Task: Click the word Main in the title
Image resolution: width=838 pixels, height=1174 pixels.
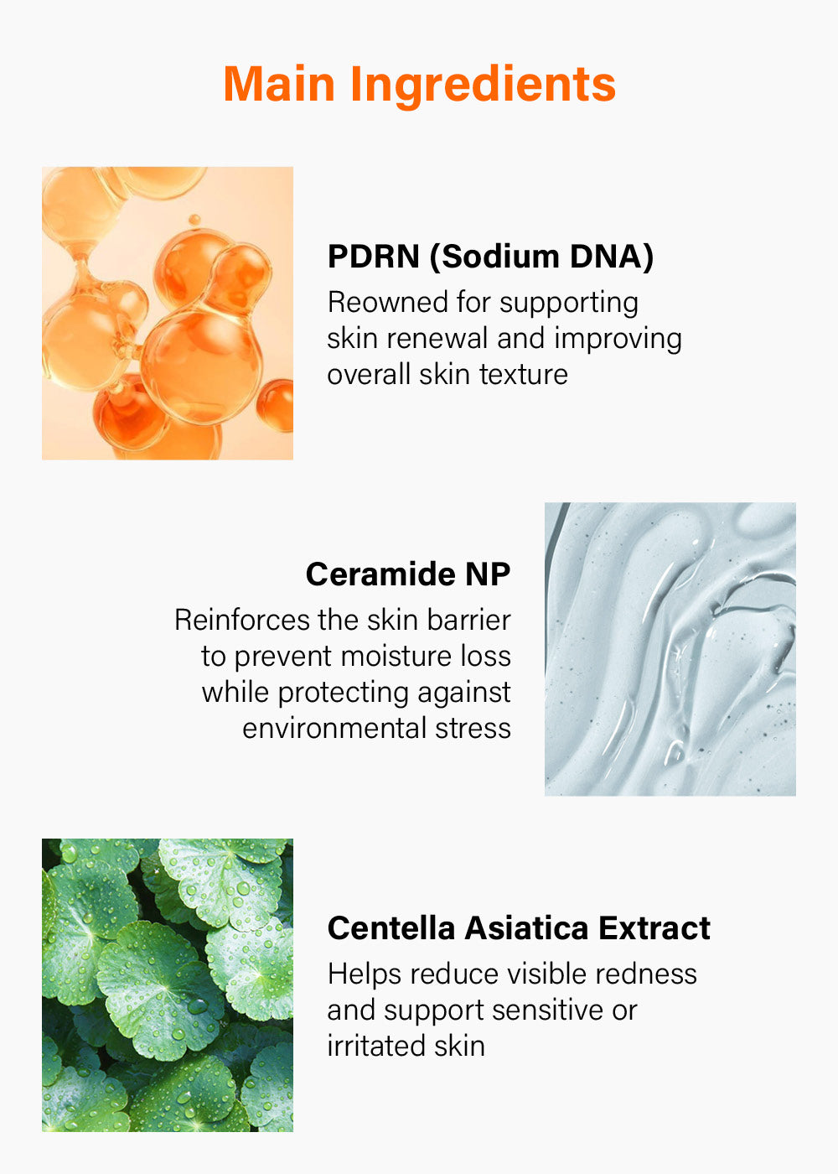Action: [279, 84]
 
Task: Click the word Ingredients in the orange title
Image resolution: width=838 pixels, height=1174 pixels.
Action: [483, 87]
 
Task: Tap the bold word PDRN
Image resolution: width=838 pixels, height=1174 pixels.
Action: [374, 257]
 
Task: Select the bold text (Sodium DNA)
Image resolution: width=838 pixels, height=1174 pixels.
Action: [541, 257]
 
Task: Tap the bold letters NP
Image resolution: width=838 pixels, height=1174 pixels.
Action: [488, 574]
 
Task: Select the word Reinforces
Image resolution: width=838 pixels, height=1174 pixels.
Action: [242, 620]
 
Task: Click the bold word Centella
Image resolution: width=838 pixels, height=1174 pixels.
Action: [391, 928]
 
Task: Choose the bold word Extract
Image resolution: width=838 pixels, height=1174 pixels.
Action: [654, 928]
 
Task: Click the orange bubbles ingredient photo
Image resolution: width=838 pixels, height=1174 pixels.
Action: [168, 314]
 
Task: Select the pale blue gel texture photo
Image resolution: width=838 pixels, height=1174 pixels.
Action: [670, 649]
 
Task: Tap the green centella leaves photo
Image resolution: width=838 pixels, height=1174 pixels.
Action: [168, 985]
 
